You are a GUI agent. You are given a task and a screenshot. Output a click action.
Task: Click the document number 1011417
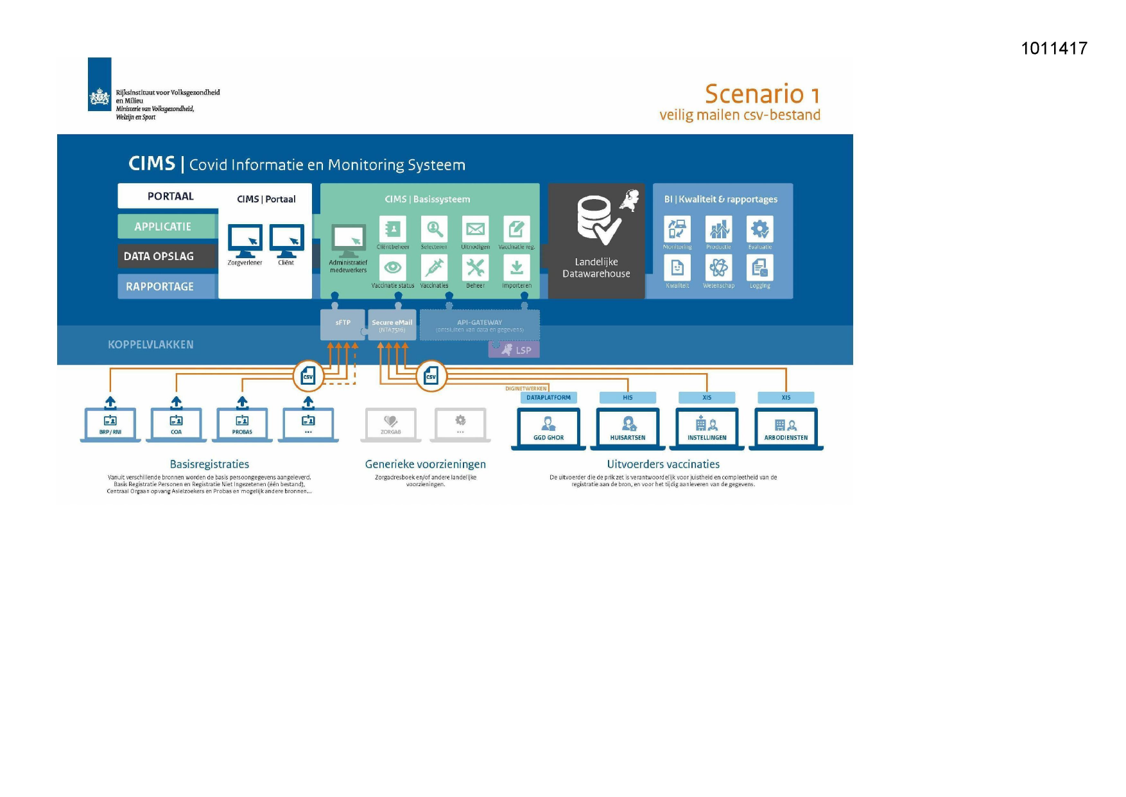pyautogui.click(x=1053, y=48)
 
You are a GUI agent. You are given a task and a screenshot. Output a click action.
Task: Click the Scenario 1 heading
pyautogui.click(x=762, y=94)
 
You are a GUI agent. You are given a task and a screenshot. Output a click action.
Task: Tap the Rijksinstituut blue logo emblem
pyautogui.click(x=100, y=84)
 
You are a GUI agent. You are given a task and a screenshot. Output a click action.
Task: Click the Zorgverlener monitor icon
pyautogui.click(x=245, y=240)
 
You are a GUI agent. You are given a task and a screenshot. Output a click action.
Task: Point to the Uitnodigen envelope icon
pyautogui.click(x=475, y=229)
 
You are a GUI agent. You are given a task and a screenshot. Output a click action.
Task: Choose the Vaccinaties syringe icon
pyautogui.click(x=434, y=268)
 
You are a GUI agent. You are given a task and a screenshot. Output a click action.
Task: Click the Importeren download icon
pyautogui.click(x=516, y=268)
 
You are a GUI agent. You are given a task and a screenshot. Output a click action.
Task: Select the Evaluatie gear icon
pyautogui.click(x=759, y=229)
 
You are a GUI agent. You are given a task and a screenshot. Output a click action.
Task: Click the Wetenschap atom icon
pyautogui.click(x=718, y=268)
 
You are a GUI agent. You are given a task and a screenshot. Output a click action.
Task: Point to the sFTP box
pyautogui.click(x=343, y=324)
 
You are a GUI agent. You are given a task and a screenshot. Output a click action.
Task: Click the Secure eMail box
pyautogui.click(x=392, y=325)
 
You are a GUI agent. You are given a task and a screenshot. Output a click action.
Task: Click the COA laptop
pyautogui.click(x=176, y=425)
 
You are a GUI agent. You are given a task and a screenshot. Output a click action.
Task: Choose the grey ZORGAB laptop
pyautogui.click(x=391, y=425)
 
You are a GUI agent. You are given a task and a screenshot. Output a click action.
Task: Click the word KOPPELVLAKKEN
pyautogui.click(x=150, y=345)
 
